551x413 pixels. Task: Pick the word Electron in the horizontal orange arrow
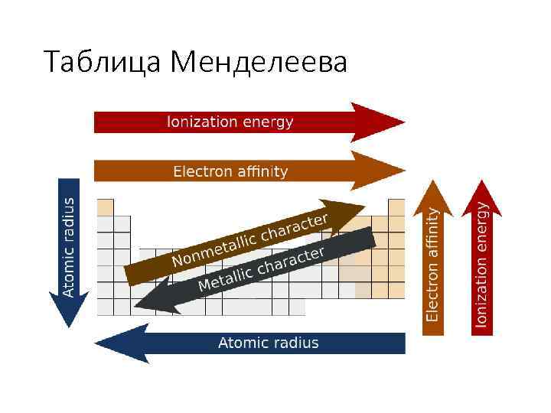[x=202, y=171]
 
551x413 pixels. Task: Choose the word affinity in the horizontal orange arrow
[x=261, y=171]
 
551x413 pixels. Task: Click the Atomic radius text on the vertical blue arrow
[x=68, y=246]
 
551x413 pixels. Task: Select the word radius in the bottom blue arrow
[x=295, y=343]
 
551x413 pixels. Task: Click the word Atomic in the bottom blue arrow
[x=243, y=343]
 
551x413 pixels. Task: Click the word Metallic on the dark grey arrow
[x=226, y=277]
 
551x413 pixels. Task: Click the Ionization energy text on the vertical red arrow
[x=482, y=264]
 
